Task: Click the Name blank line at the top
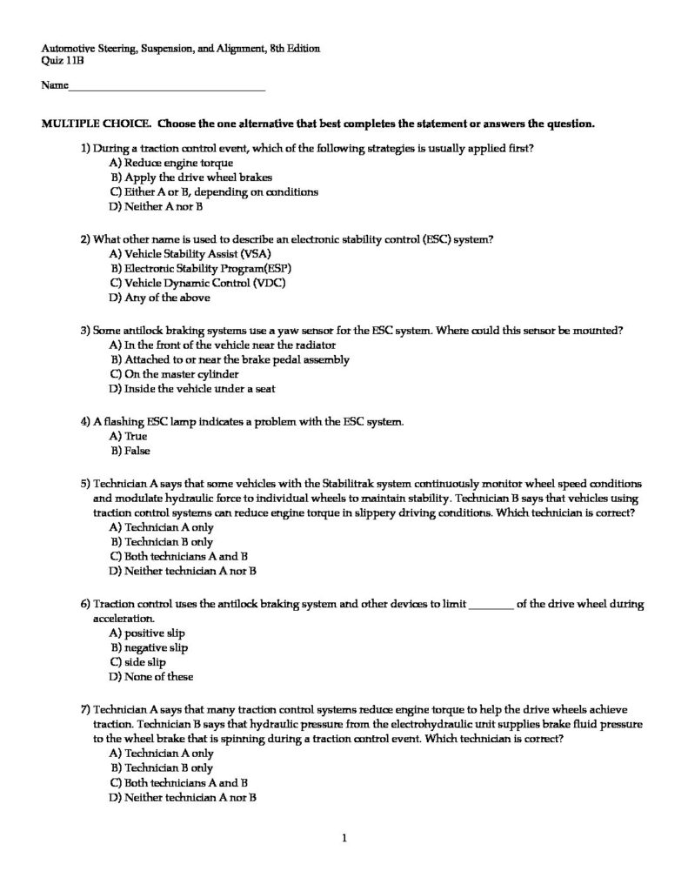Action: [165, 88]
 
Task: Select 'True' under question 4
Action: [135, 436]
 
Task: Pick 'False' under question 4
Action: [137, 451]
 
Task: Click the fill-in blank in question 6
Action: [491, 603]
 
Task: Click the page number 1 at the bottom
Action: [344, 839]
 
